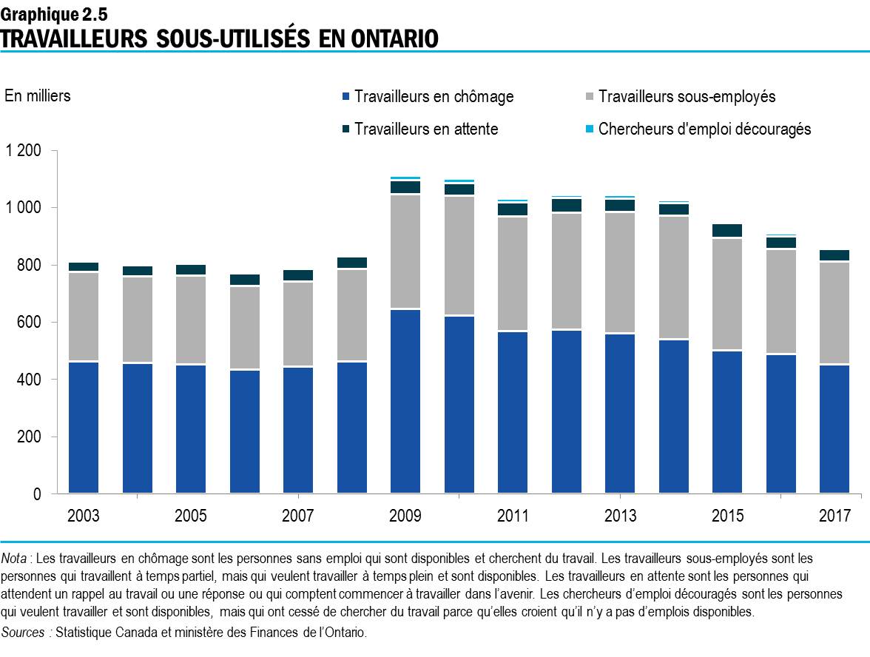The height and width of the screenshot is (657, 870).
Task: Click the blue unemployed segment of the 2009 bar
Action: click(x=405, y=401)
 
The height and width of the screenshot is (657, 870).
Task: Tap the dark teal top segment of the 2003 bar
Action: click(x=84, y=266)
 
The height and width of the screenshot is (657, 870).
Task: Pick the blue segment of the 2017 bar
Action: click(x=834, y=428)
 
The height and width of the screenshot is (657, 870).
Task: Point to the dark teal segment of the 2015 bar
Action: click(x=727, y=230)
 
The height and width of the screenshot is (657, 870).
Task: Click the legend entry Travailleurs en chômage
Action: click(x=433, y=97)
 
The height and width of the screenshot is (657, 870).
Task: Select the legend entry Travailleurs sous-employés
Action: click(x=686, y=97)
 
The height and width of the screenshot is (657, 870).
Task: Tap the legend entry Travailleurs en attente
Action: click(x=425, y=129)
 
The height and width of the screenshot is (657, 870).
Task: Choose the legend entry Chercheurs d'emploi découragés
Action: click(x=704, y=129)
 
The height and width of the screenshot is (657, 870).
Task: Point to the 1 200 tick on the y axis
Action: click(x=24, y=150)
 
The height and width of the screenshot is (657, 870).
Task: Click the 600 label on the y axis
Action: click(x=30, y=322)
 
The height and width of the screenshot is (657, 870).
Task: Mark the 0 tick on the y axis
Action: click(x=38, y=493)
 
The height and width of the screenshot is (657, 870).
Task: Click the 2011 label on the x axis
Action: click(x=513, y=516)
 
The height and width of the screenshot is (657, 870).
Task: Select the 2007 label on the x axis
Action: click(x=298, y=516)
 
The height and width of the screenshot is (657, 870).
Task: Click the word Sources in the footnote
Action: click(x=24, y=632)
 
